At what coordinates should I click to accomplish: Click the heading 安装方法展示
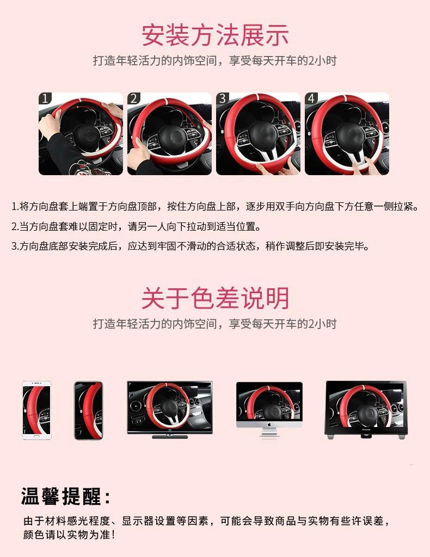215,35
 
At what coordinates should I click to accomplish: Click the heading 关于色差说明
215,298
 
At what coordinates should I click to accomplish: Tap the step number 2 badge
134,98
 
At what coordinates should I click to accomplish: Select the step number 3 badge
223,98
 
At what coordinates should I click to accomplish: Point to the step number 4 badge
311,98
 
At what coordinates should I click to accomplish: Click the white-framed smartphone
36,410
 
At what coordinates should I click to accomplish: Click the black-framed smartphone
88,410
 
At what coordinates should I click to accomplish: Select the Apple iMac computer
269,409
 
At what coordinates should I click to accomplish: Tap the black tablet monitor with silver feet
366,409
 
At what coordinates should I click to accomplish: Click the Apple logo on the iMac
269,423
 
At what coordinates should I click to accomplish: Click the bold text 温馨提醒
66,496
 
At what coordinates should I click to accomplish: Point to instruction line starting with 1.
215,207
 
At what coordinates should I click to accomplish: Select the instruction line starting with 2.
136,226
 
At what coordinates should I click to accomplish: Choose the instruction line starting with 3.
191,246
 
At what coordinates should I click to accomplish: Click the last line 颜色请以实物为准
69,535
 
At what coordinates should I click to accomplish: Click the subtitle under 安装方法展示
215,60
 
